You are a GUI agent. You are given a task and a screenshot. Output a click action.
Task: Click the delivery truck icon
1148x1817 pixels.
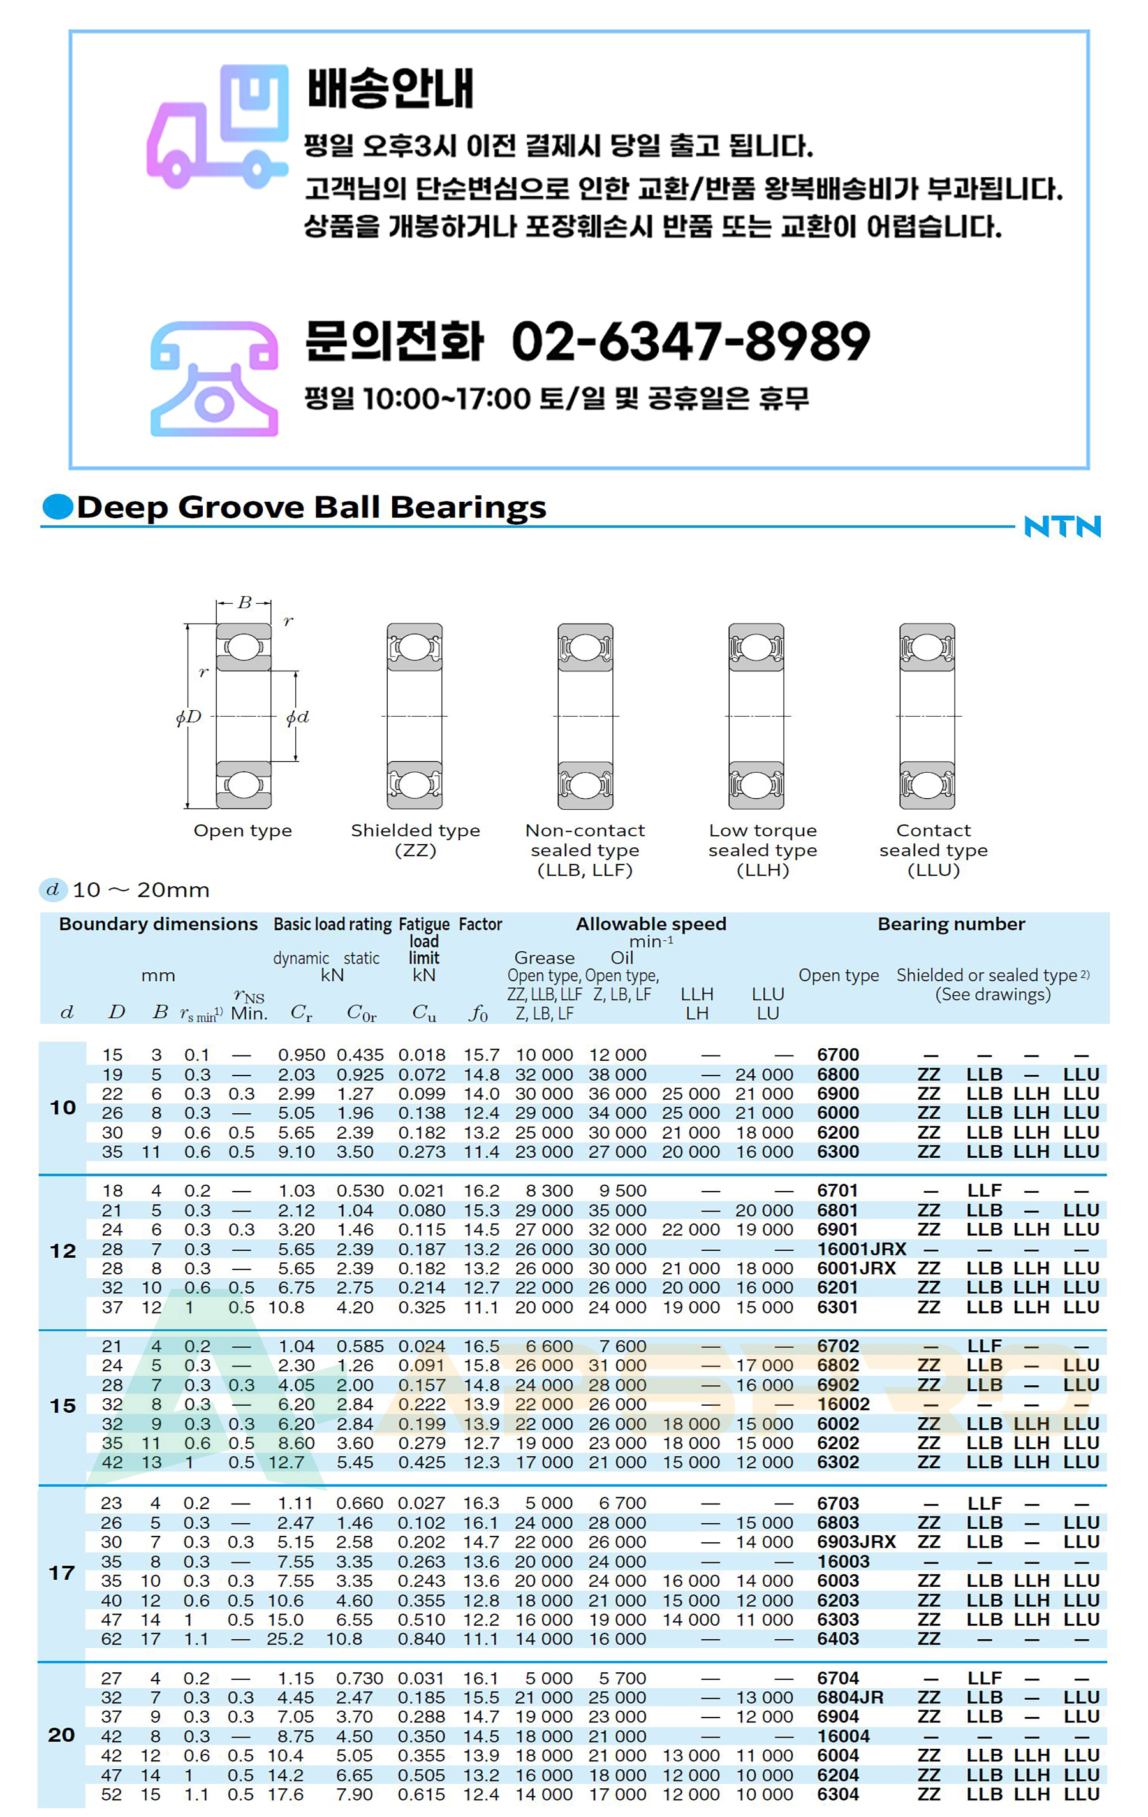click(x=217, y=127)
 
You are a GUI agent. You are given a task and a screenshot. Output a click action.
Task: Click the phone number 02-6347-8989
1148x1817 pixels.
click(x=691, y=341)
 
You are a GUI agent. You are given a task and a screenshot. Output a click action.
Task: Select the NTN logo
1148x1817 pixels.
click(x=1062, y=526)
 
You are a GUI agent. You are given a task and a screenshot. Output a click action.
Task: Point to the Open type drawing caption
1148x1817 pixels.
click(x=242, y=830)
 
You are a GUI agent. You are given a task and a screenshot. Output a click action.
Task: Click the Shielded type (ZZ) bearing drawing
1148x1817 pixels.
click(x=415, y=715)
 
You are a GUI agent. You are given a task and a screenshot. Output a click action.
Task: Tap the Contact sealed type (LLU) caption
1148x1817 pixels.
click(x=933, y=850)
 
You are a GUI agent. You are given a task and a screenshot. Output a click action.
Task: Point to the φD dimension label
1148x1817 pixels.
click(x=189, y=717)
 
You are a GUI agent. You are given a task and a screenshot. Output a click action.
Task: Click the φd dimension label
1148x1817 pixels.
click(x=297, y=717)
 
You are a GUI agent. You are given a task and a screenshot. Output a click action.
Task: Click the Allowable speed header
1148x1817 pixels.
click(x=651, y=924)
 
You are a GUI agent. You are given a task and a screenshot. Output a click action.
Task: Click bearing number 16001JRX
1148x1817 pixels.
click(x=861, y=1249)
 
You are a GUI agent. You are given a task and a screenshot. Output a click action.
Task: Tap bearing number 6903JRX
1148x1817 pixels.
click(x=856, y=1542)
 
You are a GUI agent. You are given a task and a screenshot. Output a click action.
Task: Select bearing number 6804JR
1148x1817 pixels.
click(x=850, y=1697)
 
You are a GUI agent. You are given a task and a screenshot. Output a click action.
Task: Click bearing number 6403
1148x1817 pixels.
click(x=838, y=1639)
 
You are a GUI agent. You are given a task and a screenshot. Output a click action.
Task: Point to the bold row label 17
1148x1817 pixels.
click(x=62, y=1573)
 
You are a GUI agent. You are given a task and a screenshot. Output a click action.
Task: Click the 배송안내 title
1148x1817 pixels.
click(x=390, y=88)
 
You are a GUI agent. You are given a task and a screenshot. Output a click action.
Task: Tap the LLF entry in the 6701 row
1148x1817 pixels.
click(x=984, y=1191)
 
